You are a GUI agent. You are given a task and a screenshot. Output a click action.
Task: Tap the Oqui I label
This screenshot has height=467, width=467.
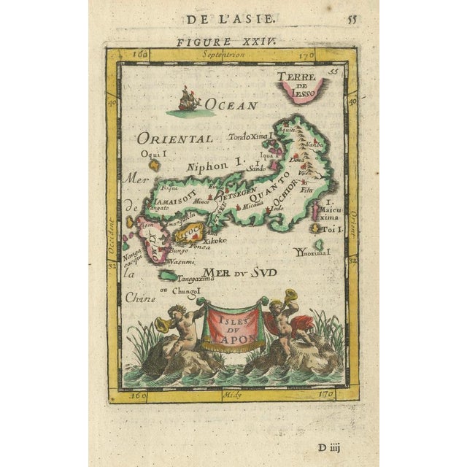point(155,154)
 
